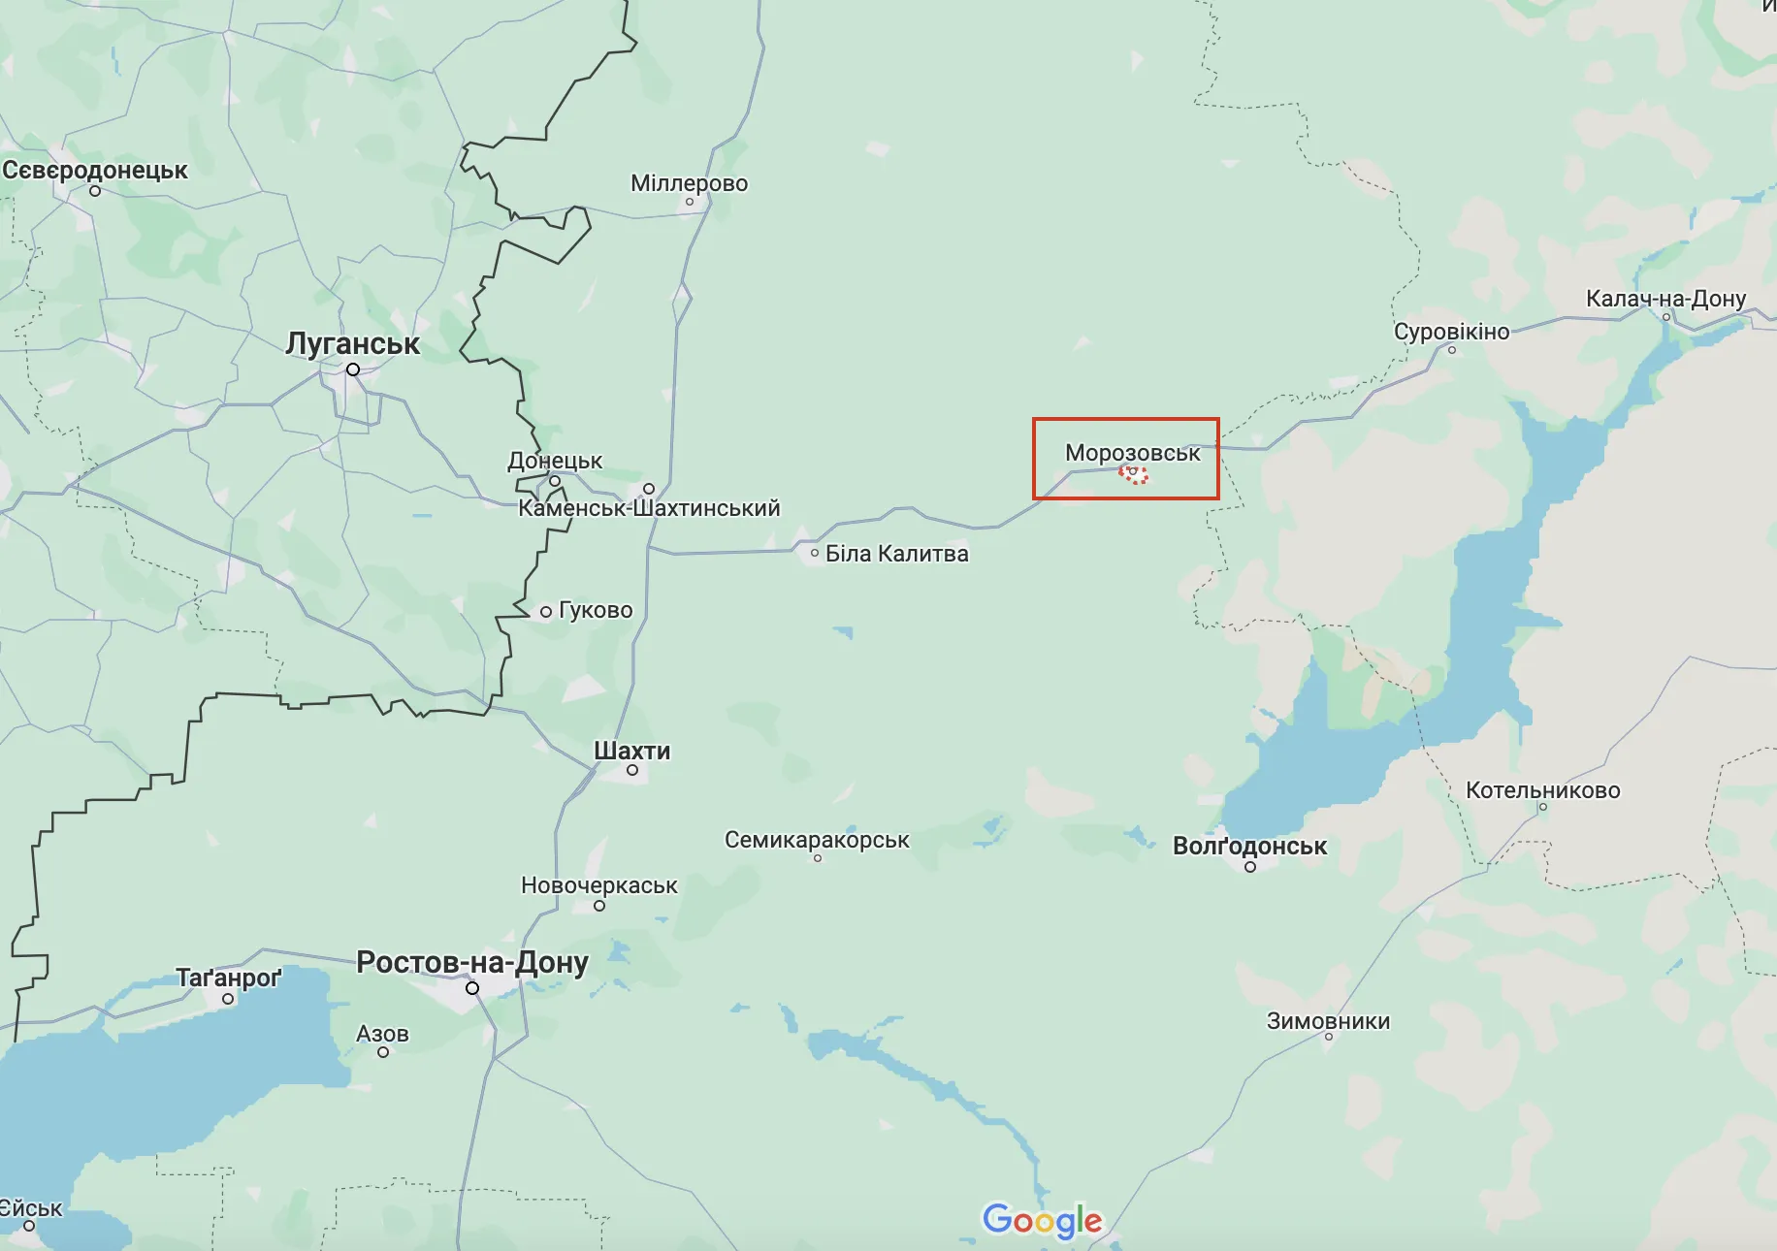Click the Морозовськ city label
[1132, 453]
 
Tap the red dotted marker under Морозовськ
[1133, 474]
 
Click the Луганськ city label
[352, 343]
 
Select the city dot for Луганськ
[353, 369]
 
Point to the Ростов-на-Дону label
[472, 962]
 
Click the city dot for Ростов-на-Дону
[472, 988]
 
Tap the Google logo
[1043, 1221]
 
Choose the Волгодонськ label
[1249, 846]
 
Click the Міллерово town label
[689, 183]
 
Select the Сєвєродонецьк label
[95, 171]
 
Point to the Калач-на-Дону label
[1665, 299]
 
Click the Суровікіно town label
[1451, 332]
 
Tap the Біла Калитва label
[896, 554]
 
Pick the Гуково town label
[596, 610]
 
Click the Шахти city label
[631, 751]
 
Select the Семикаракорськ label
[817, 840]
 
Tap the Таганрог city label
[228, 978]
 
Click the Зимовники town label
[1328, 1021]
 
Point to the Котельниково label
[1542, 790]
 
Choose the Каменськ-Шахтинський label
[649, 508]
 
